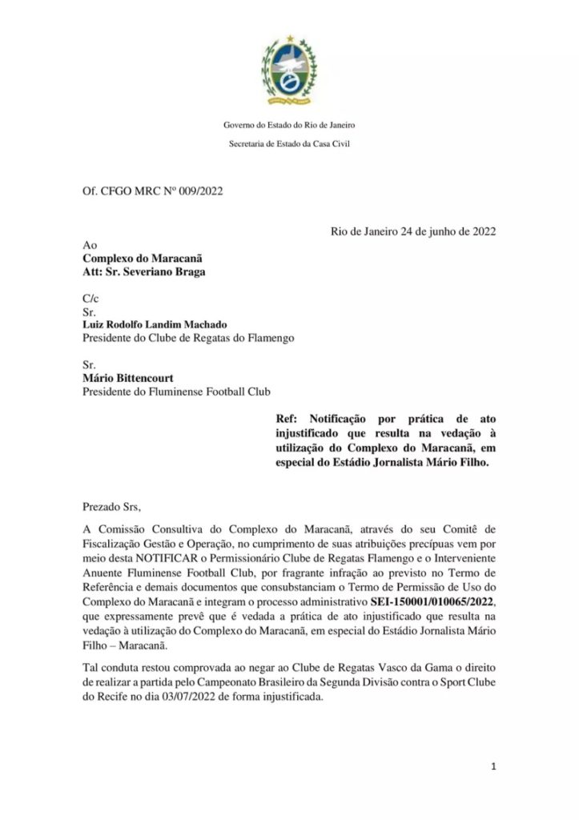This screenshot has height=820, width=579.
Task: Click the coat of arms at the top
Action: coord(289,71)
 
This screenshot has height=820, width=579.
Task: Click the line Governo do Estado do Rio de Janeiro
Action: coord(289,126)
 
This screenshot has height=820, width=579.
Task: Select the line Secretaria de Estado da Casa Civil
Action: coord(289,144)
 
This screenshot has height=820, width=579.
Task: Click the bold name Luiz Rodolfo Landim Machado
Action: coord(155,324)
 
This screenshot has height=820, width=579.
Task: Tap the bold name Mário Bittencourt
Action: coord(131,378)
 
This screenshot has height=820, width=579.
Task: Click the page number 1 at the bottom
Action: coord(493,766)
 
